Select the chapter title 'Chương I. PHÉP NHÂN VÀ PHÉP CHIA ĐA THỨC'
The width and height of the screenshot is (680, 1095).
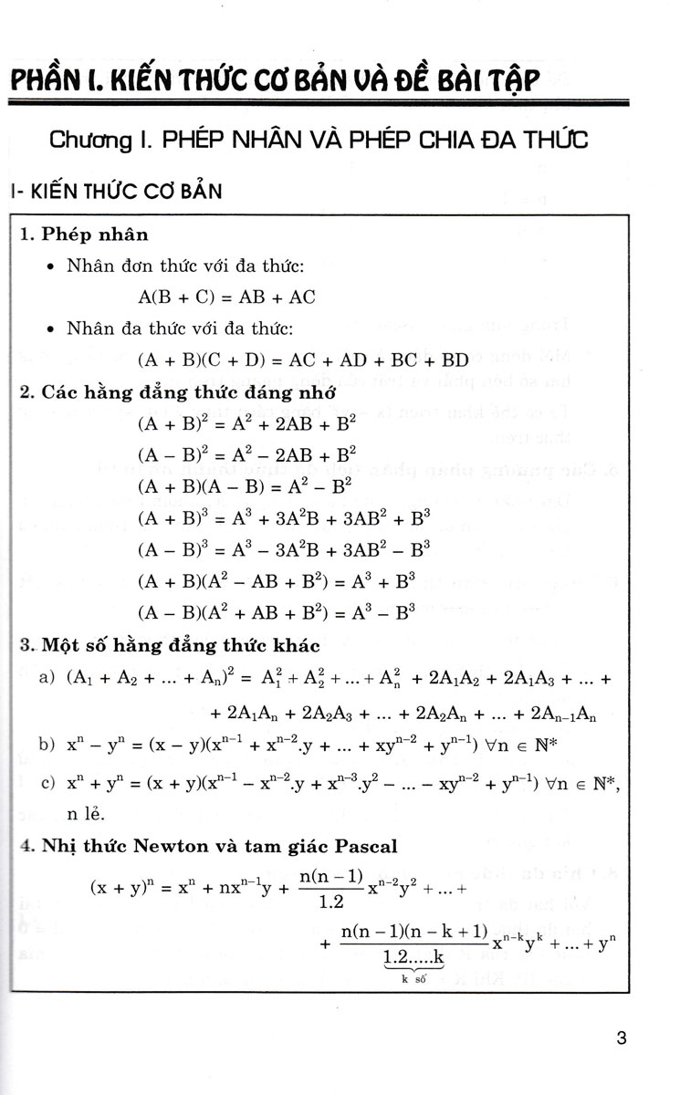tap(319, 141)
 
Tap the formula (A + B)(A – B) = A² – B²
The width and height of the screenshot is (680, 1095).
tap(232, 486)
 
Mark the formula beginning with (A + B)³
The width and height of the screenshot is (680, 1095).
tap(283, 518)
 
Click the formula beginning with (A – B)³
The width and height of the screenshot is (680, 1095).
tap(283, 549)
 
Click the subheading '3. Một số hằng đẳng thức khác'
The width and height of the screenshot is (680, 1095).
tap(169, 646)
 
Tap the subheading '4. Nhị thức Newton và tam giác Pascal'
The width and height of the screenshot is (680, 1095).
tap(209, 845)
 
